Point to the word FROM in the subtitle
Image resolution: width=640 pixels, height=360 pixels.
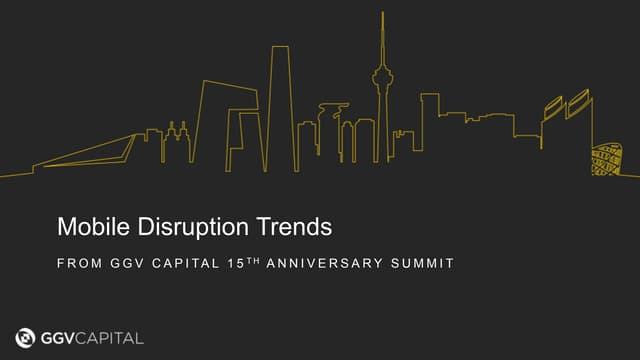pos(77,264)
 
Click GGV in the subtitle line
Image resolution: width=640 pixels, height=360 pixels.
pos(126,264)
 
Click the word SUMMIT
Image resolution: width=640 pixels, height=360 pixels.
pos(424,264)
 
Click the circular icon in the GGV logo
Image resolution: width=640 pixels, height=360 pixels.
pos(26,337)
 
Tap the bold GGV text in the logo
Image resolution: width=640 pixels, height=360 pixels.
pos(62,337)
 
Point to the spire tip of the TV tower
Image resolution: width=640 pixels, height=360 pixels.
pos(382,15)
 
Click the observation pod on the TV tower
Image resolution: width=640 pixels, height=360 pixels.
pos(382,75)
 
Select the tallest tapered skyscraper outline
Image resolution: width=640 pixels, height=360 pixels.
pos(281,100)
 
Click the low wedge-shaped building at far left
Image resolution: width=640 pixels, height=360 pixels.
pos(85,155)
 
